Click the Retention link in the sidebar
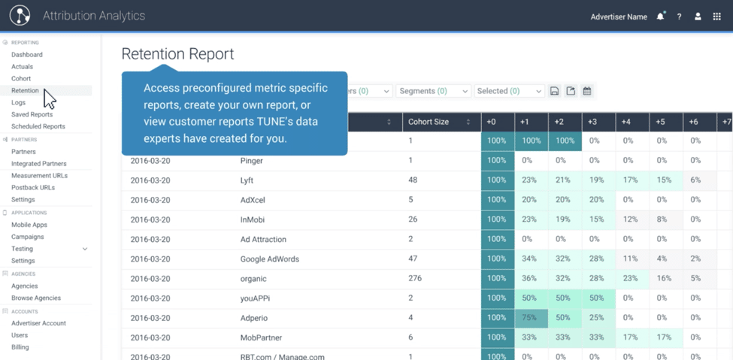(x=25, y=91)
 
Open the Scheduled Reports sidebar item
(x=38, y=126)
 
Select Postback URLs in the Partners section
(x=33, y=188)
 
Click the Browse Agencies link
(x=36, y=298)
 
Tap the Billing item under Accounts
(x=20, y=347)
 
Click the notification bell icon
(x=660, y=17)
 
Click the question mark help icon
(x=679, y=17)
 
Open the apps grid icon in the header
(x=716, y=17)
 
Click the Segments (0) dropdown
(x=434, y=91)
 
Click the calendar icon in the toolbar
(x=587, y=91)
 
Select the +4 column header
(x=626, y=122)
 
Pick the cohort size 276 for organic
(x=415, y=279)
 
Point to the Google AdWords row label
(x=269, y=259)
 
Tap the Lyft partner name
(x=247, y=180)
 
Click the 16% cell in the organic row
(x=664, y=279)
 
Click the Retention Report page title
(x=177, y=54)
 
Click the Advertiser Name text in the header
(x=619, y=17)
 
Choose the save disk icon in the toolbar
(x=554, y=91)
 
